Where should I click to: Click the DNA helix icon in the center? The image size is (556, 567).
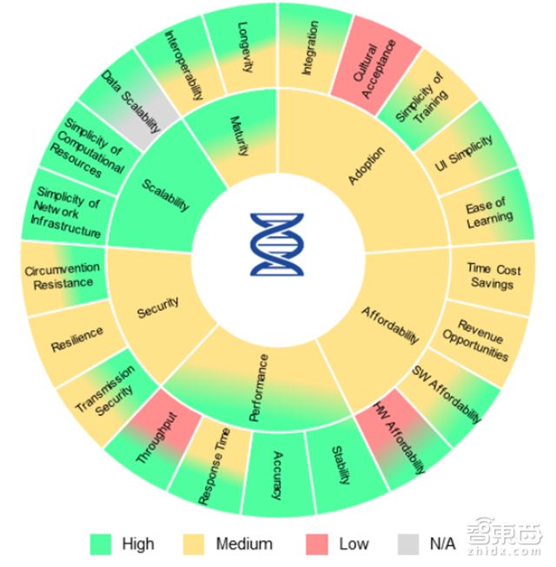pyautogui.click(x=278, y=244)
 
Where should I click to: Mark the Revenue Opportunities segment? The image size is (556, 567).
pyautogui.click(x=480, y=339)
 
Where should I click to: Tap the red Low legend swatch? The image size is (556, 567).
pyautogui.click(x=318, y=544)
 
